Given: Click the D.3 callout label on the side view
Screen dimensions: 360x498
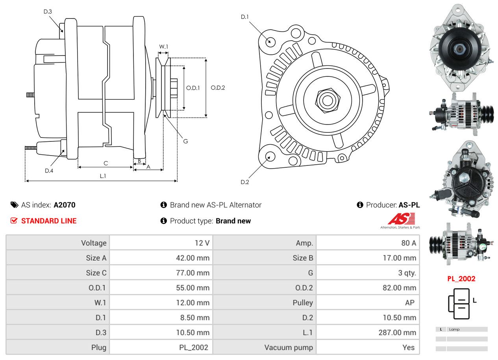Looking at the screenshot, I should point(48,11).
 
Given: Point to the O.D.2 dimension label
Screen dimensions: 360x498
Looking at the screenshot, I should point(218,87).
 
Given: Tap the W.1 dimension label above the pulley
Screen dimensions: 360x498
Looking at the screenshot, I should point(163,46).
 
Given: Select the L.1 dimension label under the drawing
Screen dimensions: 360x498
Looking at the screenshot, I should point(103,176).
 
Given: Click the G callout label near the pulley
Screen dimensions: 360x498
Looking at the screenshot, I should point(185,141).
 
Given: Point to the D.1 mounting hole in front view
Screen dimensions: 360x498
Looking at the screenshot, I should point(270,41).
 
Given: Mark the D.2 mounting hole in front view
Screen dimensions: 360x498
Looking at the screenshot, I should point(270,157).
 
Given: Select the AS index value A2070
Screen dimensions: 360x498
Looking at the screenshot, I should point(65,205).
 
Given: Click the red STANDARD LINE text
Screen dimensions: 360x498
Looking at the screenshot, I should point(49,221).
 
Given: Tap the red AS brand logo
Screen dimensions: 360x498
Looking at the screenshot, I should point(401,219).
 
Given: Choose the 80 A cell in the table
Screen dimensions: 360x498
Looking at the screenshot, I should point(408,243).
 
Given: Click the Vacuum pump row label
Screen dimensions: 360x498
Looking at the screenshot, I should point(289,347).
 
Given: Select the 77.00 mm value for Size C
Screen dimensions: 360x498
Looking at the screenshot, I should point(193,273).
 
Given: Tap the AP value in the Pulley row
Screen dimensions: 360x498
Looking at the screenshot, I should point(409,302).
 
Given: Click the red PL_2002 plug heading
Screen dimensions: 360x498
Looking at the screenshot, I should point(461,279).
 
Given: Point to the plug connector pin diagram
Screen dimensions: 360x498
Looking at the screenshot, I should point(459,304).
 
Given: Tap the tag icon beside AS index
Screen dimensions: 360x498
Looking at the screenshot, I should point(14,205).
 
